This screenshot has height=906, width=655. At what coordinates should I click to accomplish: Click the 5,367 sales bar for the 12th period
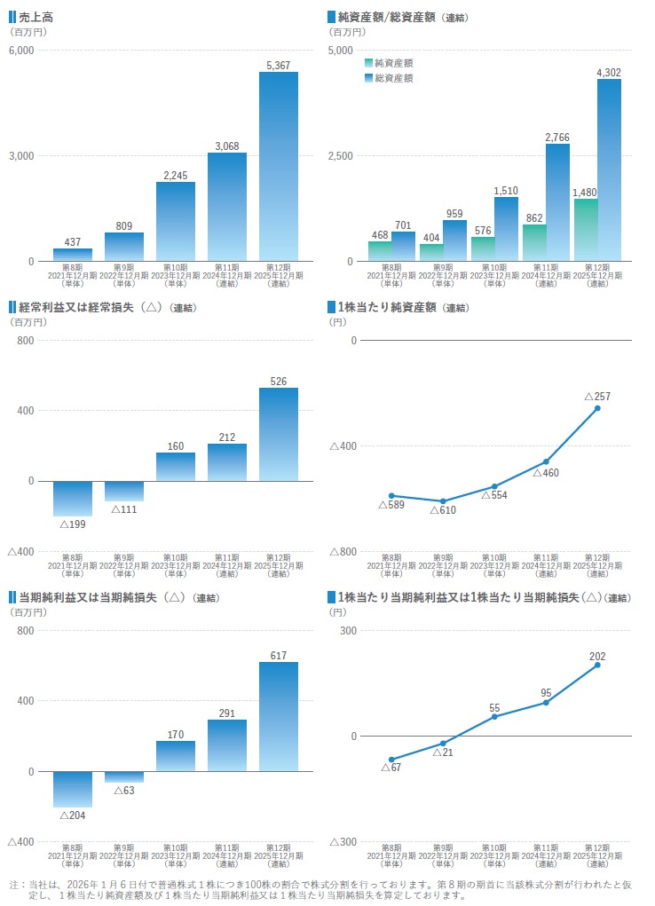coord(279,167)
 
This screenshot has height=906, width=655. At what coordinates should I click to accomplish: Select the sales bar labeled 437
coord(73,255)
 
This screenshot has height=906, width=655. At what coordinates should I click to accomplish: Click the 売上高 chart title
coord(36,17)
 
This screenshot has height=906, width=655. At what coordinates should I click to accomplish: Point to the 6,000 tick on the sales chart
coord(20,51)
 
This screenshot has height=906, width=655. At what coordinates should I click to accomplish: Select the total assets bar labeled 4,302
coord(609,170)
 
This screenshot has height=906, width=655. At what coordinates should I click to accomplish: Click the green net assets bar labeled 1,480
coord(586,230)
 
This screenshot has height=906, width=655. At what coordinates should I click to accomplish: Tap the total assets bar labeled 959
coord(455,240)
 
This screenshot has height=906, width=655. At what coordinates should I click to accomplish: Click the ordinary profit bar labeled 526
coord(279,434)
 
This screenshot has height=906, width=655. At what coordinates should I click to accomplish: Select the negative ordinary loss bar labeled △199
coord(73,498)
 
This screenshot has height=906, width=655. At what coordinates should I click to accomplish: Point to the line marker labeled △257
coord(597,408)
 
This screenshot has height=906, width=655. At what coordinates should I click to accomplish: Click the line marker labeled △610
coord(443,501)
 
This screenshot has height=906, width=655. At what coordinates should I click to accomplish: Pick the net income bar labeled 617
coord(279,716)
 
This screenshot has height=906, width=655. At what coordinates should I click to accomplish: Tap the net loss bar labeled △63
coord(124,776)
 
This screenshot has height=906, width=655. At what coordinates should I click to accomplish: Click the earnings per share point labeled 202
coord(597,665)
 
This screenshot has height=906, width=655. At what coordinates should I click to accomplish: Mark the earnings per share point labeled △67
coord(391,760)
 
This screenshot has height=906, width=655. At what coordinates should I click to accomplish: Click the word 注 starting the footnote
coord(14,885)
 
